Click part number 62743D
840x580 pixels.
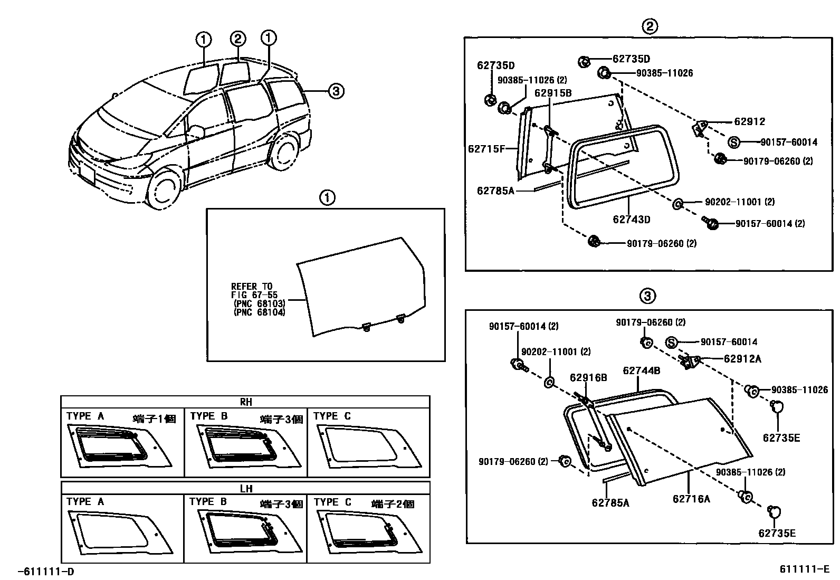coord(631,220)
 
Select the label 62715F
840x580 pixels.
coord(486,149)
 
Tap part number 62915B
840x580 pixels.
coord(552,93)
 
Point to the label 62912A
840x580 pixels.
coord(742,359)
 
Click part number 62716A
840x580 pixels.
coord(691,498)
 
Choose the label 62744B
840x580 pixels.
coord(641,370)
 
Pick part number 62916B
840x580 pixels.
coord(588,377)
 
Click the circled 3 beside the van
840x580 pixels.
coord(336,91)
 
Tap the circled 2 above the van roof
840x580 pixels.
coord(238,38)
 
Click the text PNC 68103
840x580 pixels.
coord(259,304)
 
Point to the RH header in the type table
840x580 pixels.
coord(245,402)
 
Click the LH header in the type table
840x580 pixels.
coord(245,488)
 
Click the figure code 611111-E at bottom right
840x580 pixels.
coord(804,569)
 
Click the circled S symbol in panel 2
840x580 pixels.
coord(734,142)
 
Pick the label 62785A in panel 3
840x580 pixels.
coord(610,503)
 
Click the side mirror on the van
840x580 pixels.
coord(196,131)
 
